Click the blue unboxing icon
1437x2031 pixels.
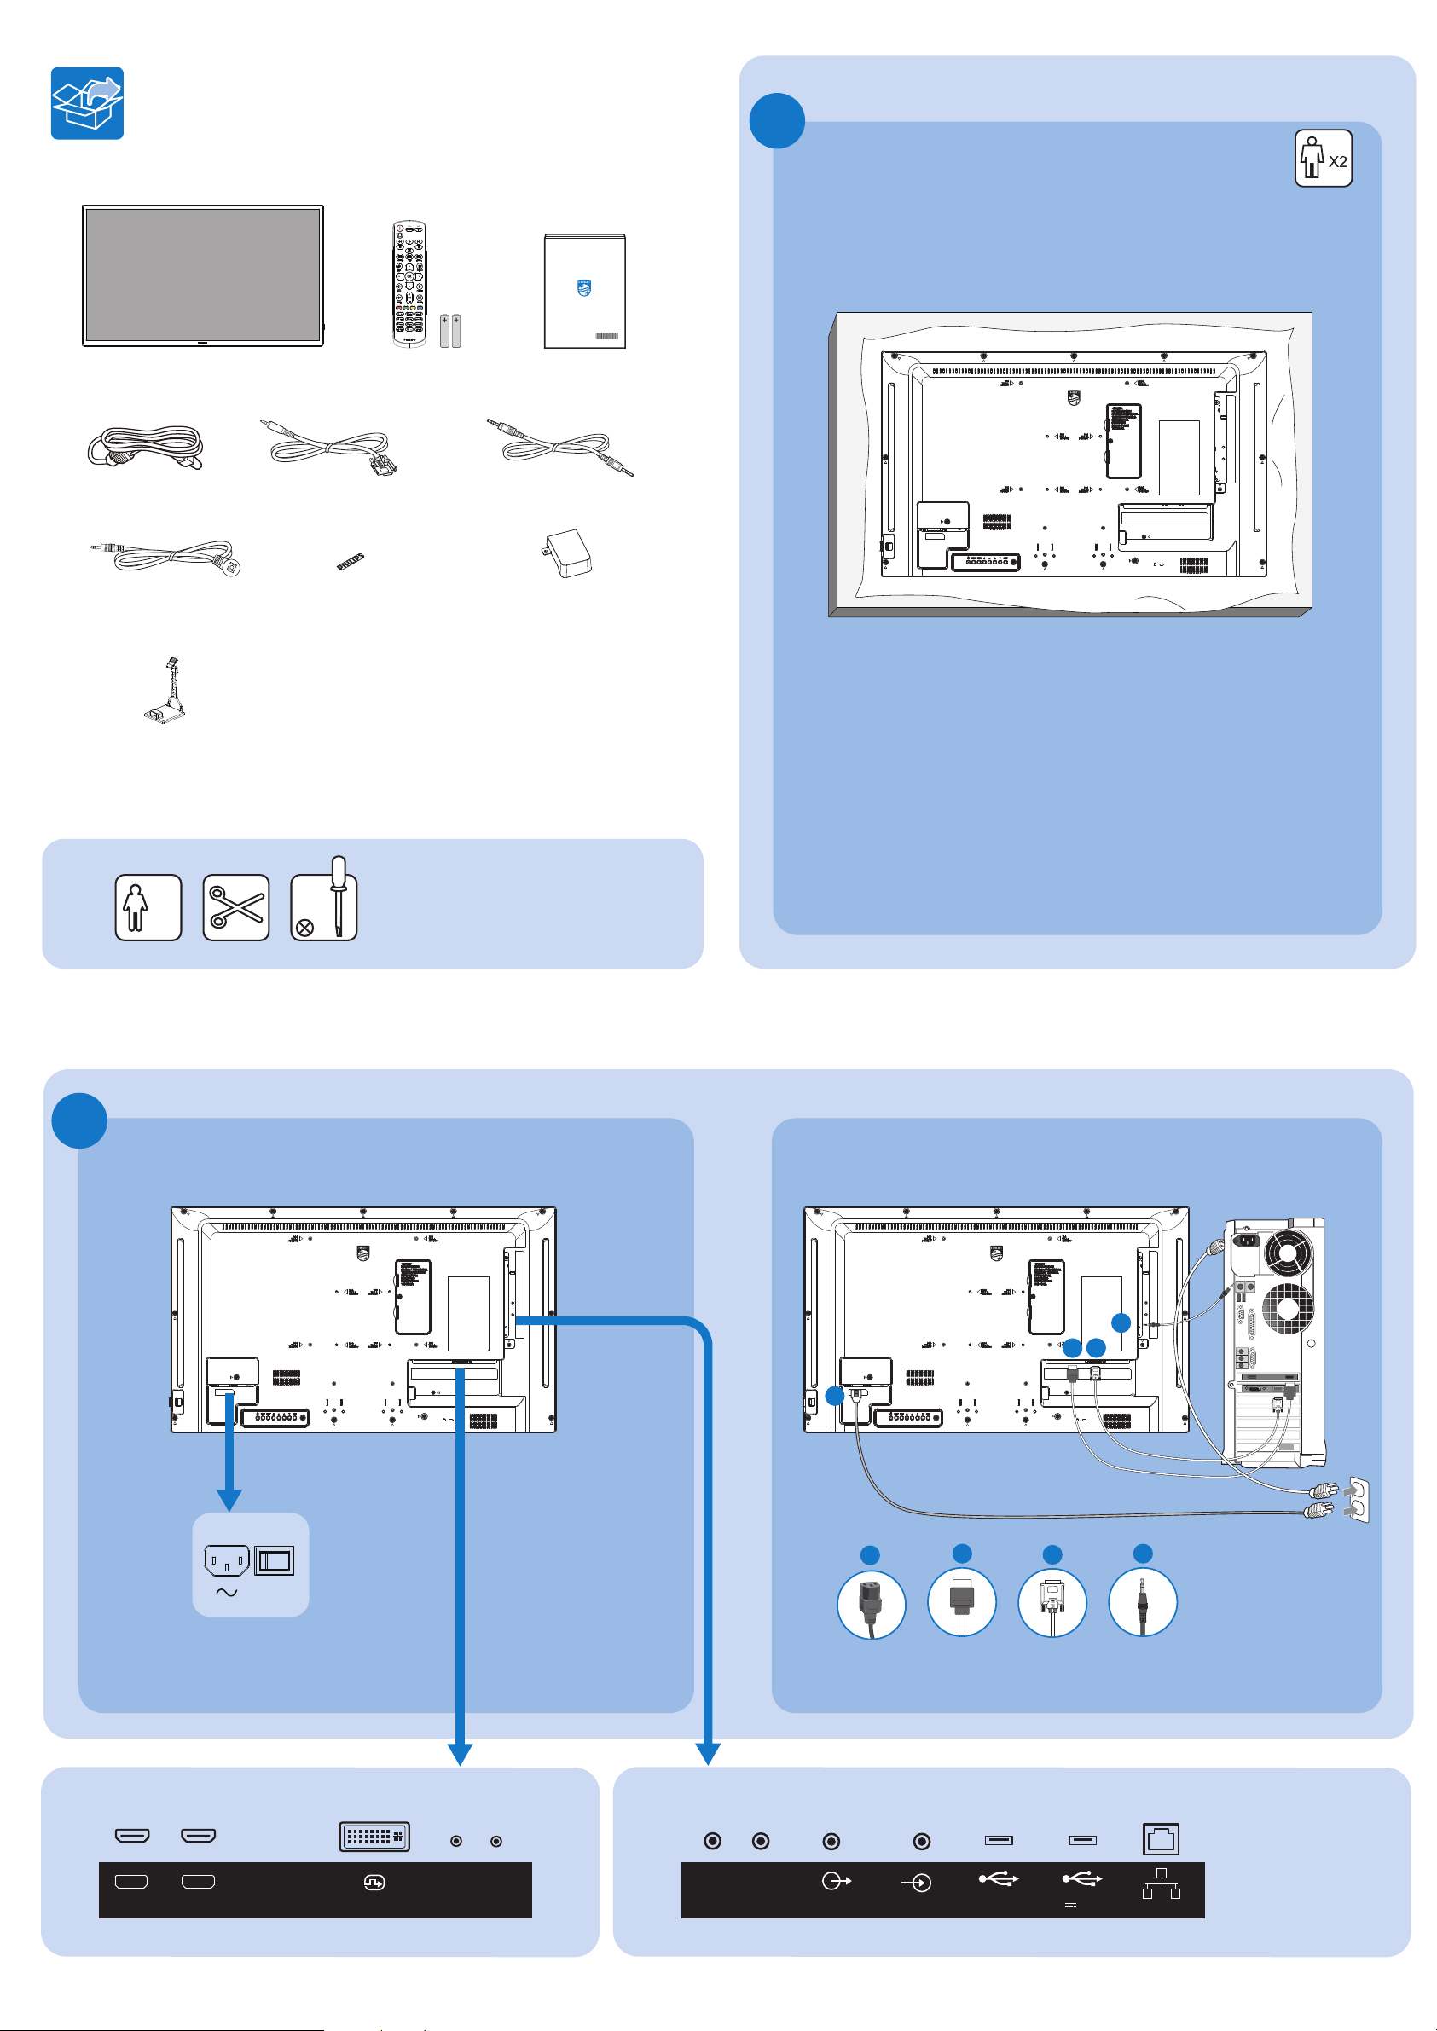tap(87, 102)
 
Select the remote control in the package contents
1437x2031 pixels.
tap(409, 283)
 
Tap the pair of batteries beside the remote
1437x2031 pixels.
tap(450, 331)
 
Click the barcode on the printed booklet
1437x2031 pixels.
tap(606, 337)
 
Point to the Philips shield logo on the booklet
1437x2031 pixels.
tap(583, 288)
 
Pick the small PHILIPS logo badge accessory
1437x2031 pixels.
tap(351, 562)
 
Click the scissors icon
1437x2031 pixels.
tap(235, 907)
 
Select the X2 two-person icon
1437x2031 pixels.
tap(1323, 159)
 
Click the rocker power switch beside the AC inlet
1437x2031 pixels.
tap(275, 1561)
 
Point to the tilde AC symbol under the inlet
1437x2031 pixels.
tap(227, 1592)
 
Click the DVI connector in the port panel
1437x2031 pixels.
tap(374, 1837)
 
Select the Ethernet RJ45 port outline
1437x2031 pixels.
tap(1160, 1839)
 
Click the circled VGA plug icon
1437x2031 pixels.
tap(1052, 1603)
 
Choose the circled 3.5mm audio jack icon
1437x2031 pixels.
tap(1142, 1603)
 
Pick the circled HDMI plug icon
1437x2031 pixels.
tap(962, 1603)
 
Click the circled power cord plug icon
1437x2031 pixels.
tap(871, 1605)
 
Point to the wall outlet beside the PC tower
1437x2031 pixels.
tap(1357, 1499)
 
